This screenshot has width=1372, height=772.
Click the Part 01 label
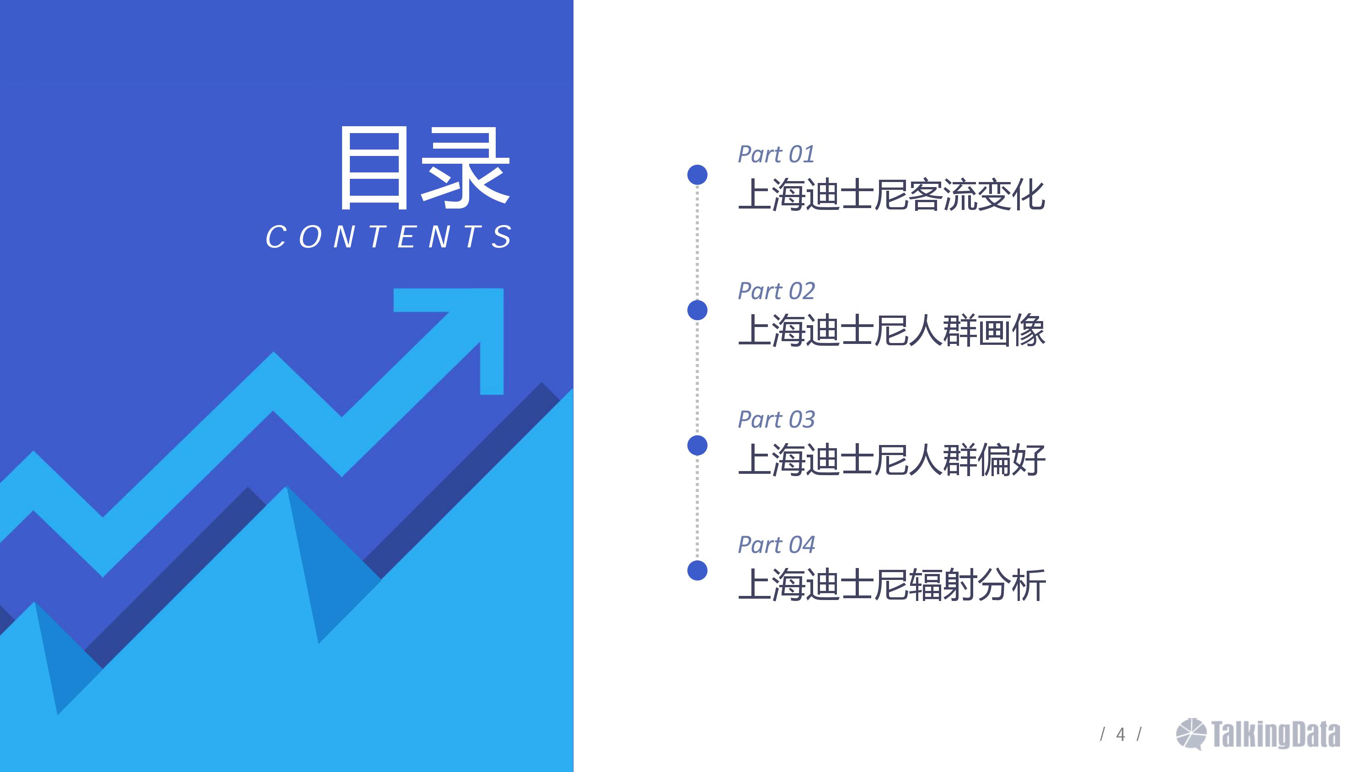(776, 155)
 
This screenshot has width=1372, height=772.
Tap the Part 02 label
(776, 291)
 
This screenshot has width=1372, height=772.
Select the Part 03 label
(776, 420)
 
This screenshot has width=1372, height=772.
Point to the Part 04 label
(776, 545)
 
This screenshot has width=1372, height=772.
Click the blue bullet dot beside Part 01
(697, 175)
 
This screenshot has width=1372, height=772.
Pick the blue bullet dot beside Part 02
(697, 310)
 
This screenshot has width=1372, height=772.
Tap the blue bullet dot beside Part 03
(697, 445)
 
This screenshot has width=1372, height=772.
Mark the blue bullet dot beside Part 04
(697, 571)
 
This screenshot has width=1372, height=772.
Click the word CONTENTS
(389, 236)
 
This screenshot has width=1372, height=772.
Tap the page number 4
(1120, 734)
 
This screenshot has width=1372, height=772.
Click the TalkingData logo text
(1276, 734)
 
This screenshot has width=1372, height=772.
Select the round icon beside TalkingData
(1191, 734)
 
